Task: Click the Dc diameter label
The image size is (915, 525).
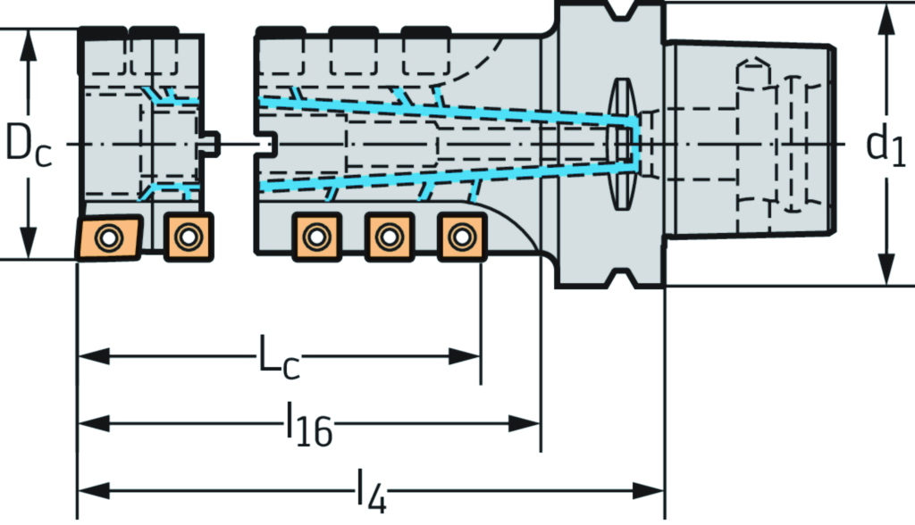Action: (28, 144)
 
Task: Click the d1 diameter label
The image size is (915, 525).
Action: (886, 146)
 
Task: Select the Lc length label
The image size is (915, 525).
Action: (279, 357)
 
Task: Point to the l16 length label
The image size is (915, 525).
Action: (309, 424)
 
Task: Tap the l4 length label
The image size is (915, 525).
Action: (371, 492)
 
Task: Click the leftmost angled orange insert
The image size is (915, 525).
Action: (109, 237)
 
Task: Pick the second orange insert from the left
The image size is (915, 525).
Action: (188, 237)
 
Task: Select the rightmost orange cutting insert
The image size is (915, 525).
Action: (462, 237)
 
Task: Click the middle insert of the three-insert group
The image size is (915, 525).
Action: (389, 237)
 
